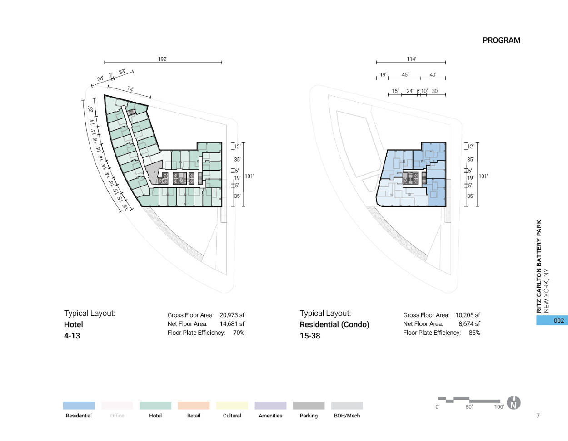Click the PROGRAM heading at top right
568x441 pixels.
pyautogui.click(x=501, y=40)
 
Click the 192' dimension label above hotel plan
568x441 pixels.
pyautogui.click(x=163, y=59)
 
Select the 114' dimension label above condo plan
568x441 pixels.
pyautogui.click(x=411, y=59)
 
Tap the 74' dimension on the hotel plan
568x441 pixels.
pyautogui.click(x=130, y=89)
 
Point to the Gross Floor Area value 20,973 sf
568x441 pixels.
pyautogui.click(x=232, y=315)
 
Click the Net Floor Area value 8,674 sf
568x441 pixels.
pyautogui.click(x=469, y=324)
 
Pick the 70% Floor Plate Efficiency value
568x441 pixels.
pyautogui.click(x=239, y=333)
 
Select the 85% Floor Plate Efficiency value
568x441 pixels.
pyautogui.click(x=474, y=333)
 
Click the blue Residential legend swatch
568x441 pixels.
pyautogui.click(x=79, y=406)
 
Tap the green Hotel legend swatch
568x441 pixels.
pyautogui.click(x=155, y=406)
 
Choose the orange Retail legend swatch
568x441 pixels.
pyautogui.click(x=194, y=406)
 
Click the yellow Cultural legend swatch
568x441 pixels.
pyautogui.click(x=232, y=406)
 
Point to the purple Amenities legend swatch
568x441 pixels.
pyautogui.click(x=270, y=406)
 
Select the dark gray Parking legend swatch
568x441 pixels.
pyautogui.click(x=309, y=406)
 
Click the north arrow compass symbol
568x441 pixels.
pyautogui.click(x=513, y=403)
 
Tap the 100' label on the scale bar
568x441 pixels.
pyautogui.click(x=499, y=407)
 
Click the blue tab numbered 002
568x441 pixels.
pyautogui.click(x=552, y=320)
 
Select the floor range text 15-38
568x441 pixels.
pyautogui.click(x=310, y=336)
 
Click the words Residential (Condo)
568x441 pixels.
pyautogui.click(x=334, y=324)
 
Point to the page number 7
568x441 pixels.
pyautogui.click(x=538, y=416)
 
